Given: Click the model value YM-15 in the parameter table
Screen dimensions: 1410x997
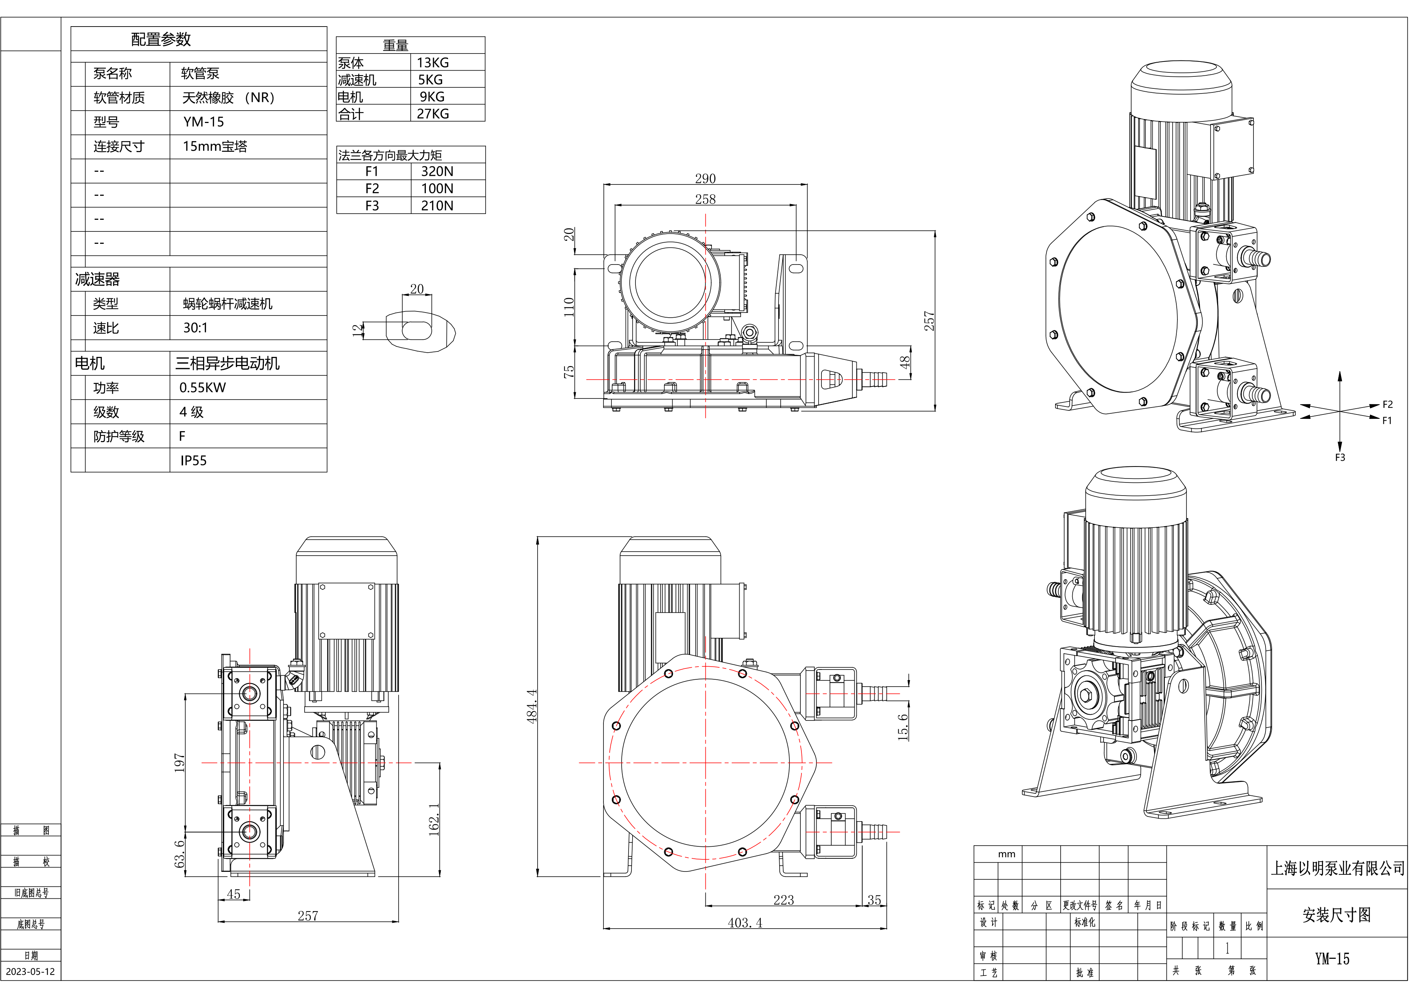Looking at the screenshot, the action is point(203,122).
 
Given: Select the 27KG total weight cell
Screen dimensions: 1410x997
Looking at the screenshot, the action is point(433,114).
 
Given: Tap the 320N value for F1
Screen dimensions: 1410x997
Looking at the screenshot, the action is point(437,171).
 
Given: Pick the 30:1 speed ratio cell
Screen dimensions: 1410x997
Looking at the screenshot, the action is point(195,328).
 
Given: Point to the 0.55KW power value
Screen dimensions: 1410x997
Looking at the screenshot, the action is point(203,388).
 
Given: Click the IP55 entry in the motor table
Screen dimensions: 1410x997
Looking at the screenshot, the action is point(193,460).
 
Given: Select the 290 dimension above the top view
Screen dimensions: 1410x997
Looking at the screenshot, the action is point(705,179).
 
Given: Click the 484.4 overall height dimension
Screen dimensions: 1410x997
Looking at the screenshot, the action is point(532,706).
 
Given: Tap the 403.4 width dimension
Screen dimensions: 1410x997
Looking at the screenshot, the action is point(745,923).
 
